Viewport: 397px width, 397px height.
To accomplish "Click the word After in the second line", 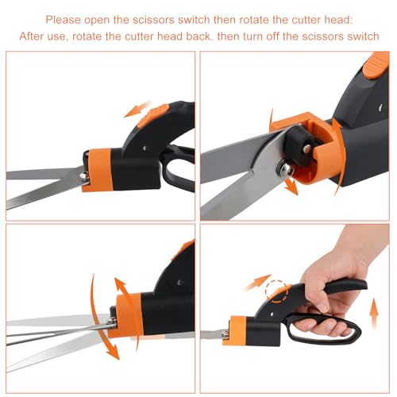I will (x=41, y=36).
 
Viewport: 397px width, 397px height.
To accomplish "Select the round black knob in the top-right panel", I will (x=304, y=144).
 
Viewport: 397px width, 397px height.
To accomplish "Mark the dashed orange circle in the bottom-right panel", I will (x=276, y=292).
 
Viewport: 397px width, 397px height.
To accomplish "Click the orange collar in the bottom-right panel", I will (x=237, y=330).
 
